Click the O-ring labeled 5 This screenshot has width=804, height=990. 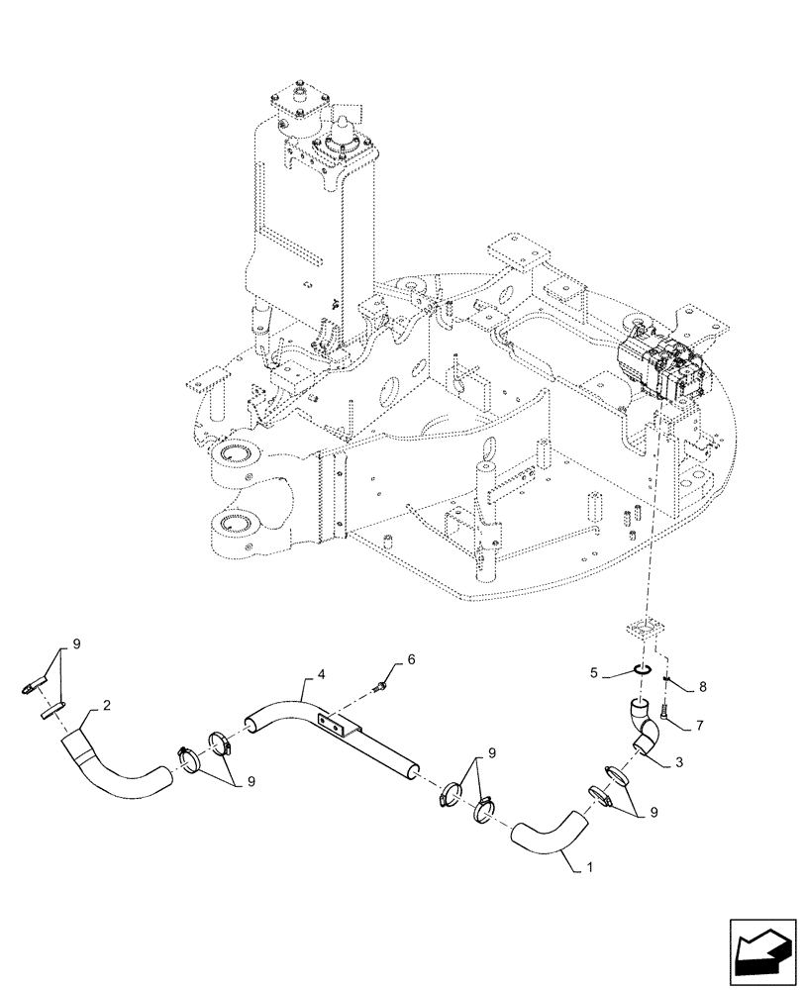click(x=641, y=674)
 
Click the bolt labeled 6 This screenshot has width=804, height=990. click(x=382, y=682)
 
